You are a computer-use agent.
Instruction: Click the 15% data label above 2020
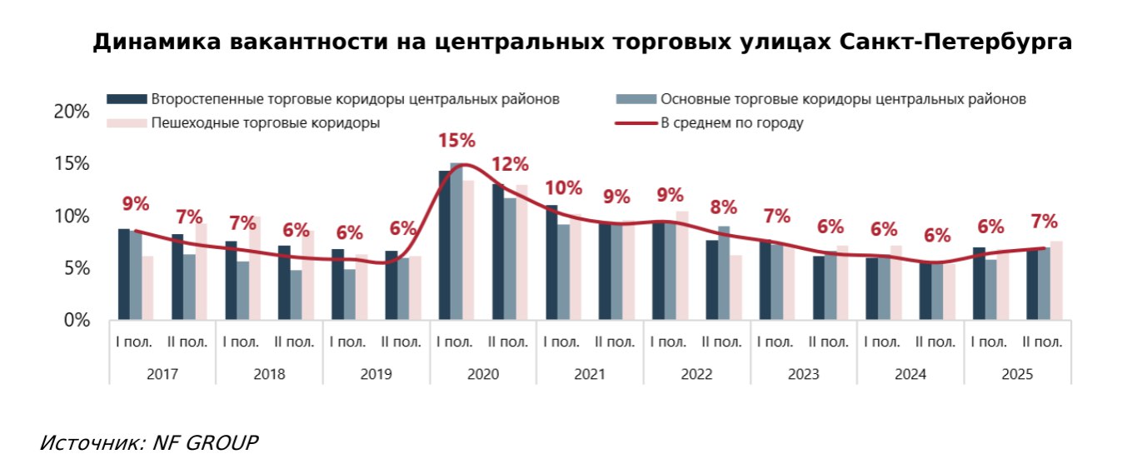pyautogui.click(x=456, y=141)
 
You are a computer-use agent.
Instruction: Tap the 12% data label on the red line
pyautogui.click(x=509, y=165)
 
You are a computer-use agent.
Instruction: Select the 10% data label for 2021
pyautogui.click(x=563, y=188)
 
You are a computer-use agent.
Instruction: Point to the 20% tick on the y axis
pyautogui.click(x=71, y=112)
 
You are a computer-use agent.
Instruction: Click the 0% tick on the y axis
pyautogui.click(x=76, y=320)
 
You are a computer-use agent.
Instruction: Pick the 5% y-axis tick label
pyautogui.click(x=76, y=268)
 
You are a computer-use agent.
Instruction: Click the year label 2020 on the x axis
pyautogui.click(x=483, y=374)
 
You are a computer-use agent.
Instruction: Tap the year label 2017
pyautogui.click(x=162, y=374)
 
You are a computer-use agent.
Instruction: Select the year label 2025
pyautogui.click(x=1017, y=374)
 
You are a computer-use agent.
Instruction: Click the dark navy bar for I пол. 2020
pyautogui.click(x=445, y=246)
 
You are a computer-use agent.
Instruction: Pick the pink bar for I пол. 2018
pyautogui.click(x=255, y=268)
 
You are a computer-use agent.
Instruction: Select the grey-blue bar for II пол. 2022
pyautogui.click(x=724, y=273)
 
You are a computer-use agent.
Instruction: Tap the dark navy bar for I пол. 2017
pyautogui.click(x=124, y=274)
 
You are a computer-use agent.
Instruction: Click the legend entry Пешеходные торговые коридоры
pyautogui.click(x=265, y=123)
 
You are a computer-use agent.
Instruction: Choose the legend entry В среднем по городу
pyautogui.click(x=731, y=123)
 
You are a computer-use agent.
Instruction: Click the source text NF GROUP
pyautogui.click(x=205, y=442)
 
